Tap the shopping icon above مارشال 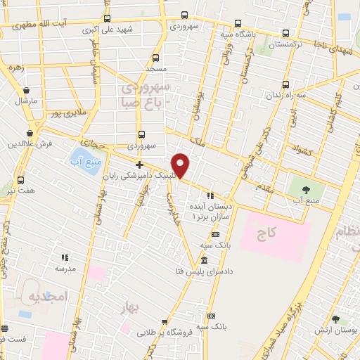26,90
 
